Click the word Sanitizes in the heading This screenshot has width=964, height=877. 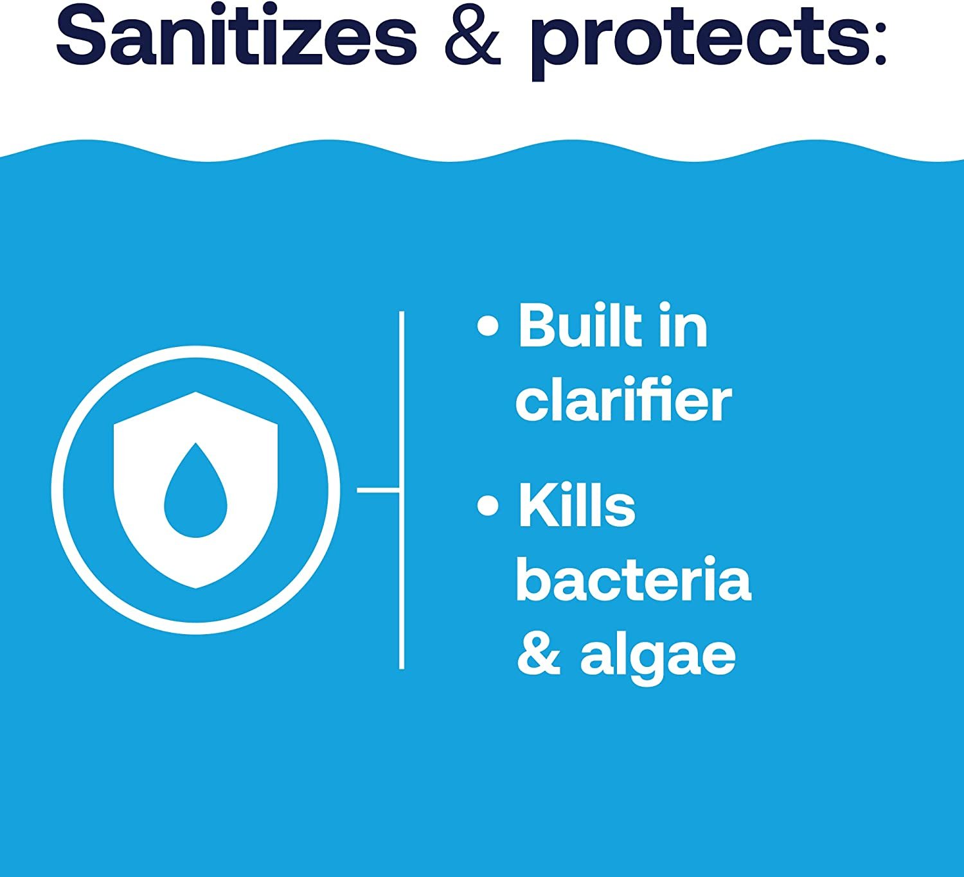[x=237, y=35]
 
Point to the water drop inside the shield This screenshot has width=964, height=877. [x=195, y=490]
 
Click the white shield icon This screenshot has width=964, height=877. [x=195, y=490]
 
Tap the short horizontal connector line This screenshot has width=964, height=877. [x=378, y=490]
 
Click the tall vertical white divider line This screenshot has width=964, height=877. [x=402, y=490]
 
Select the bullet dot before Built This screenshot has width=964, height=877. [x=488, y=326]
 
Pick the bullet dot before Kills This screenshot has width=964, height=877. [x=488, y=506]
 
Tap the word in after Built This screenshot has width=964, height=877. [x=683, y=325]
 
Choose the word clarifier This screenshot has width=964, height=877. [x=623, y=399]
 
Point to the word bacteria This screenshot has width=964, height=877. [x=634, y=579]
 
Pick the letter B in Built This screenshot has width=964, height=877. [x=538, y=325]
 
